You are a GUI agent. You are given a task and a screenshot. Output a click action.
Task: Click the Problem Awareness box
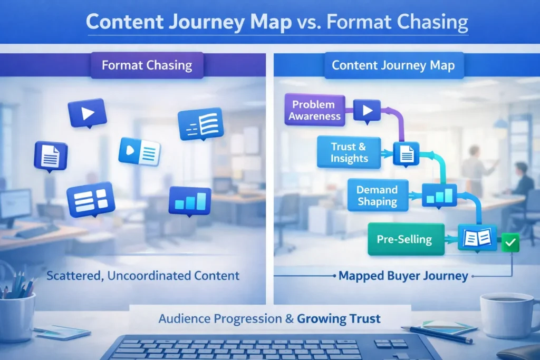coord(315,110)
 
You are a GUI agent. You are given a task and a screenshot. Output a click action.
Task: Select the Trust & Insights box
coord(348,152)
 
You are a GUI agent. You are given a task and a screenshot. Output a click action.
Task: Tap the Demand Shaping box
coord(377,195)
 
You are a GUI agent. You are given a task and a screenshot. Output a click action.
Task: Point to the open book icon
coord(477,238)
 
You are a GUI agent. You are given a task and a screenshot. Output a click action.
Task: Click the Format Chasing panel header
coord(147,66)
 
